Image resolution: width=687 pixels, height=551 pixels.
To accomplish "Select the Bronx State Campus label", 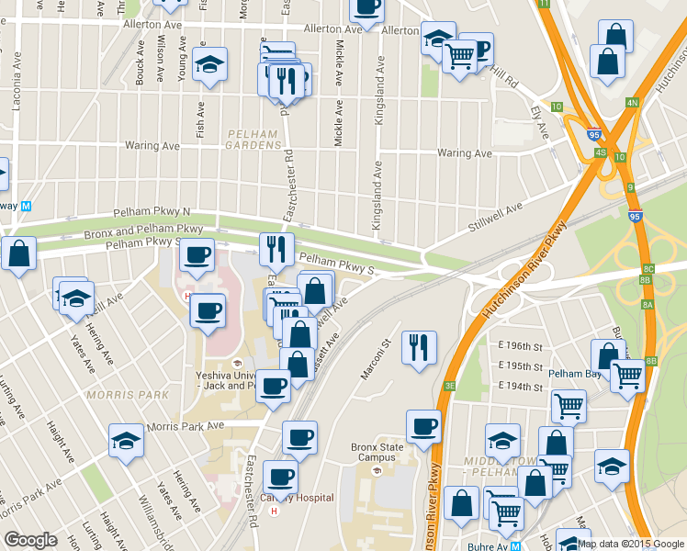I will (x=377, y=452).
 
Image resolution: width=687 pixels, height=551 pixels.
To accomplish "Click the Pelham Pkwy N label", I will (x=152, y=212).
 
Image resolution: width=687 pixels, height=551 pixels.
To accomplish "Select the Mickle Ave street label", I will (x=339, y=64).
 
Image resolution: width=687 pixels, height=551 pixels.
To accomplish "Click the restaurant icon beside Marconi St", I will (x=419, y=347).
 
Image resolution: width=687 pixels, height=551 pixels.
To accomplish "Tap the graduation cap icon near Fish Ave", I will (x=210, y=65).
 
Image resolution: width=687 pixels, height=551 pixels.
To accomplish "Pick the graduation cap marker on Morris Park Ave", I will (x=127, y=440).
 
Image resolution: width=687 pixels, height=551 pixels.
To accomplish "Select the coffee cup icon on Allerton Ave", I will (x=366, y=7).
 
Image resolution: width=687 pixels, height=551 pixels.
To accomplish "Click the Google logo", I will (x=30, y=541).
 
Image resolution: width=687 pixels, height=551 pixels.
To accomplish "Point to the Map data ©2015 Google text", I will (x=631, y=544).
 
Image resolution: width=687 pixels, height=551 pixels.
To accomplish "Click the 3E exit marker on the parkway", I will (x=450, y=386).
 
